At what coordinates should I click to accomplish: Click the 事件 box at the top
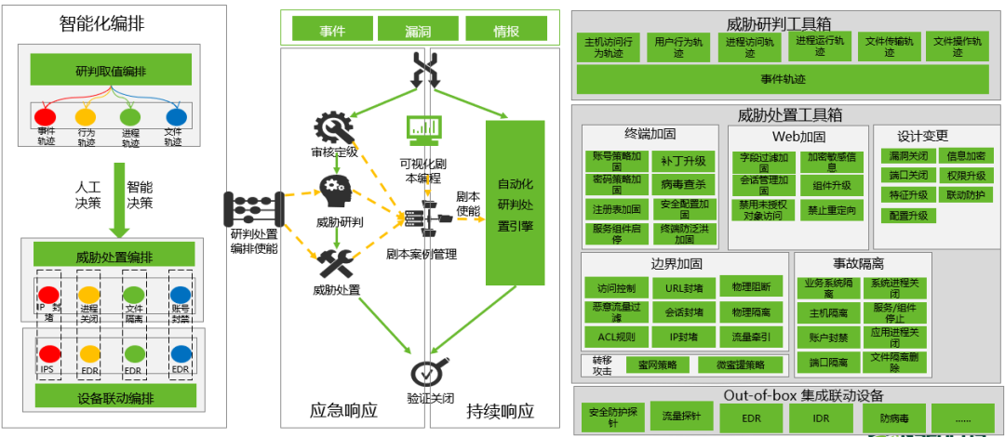[332, 30]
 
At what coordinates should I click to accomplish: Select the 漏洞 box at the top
[418, 30]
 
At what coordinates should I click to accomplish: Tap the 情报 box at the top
[506, 30]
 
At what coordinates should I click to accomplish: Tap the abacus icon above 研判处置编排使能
[253, 207]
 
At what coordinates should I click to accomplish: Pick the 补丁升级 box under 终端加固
[682, 161]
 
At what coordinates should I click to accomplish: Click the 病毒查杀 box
[682, 183]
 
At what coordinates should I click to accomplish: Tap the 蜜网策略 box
[658, 364]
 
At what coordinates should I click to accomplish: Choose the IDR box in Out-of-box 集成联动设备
[820, 418]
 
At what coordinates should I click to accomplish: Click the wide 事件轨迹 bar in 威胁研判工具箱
[783, 79]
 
